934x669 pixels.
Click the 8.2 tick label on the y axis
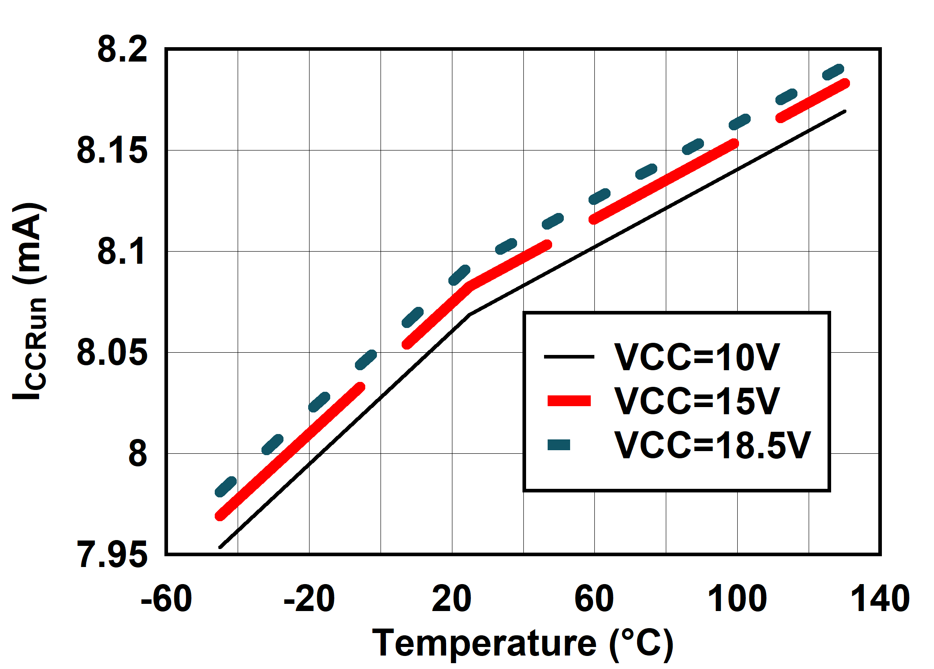click(x=122, y=49)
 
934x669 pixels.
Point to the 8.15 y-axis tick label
click(x=112, y=151)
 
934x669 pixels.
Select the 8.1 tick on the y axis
click(x=122, y=252)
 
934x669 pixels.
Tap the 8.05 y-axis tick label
click(x=112, y=353)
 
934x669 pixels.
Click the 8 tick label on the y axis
click(x=137, y=454)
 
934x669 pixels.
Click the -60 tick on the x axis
click(x=166, y=599)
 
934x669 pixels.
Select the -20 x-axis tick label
click(x=309, y=599)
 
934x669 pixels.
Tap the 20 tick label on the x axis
click(x=452, y=599)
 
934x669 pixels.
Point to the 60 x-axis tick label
click(x=594, y=599)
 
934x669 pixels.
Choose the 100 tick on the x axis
click(x=737, y=599)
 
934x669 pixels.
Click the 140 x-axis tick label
click(x=880, y=599)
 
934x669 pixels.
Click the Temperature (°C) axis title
click(x=523, y=644)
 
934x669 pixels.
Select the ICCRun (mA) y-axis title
click(x=30, y=301)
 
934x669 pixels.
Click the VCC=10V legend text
click(x=697, y=358)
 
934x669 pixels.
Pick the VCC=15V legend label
click(x=697, y=401)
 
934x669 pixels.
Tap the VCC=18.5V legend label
click(x=713, y=445)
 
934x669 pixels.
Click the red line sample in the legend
click(x=569, y=401)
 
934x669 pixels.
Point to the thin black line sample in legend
click(x=569, y=357)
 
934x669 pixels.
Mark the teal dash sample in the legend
click(x=559, y=445)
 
